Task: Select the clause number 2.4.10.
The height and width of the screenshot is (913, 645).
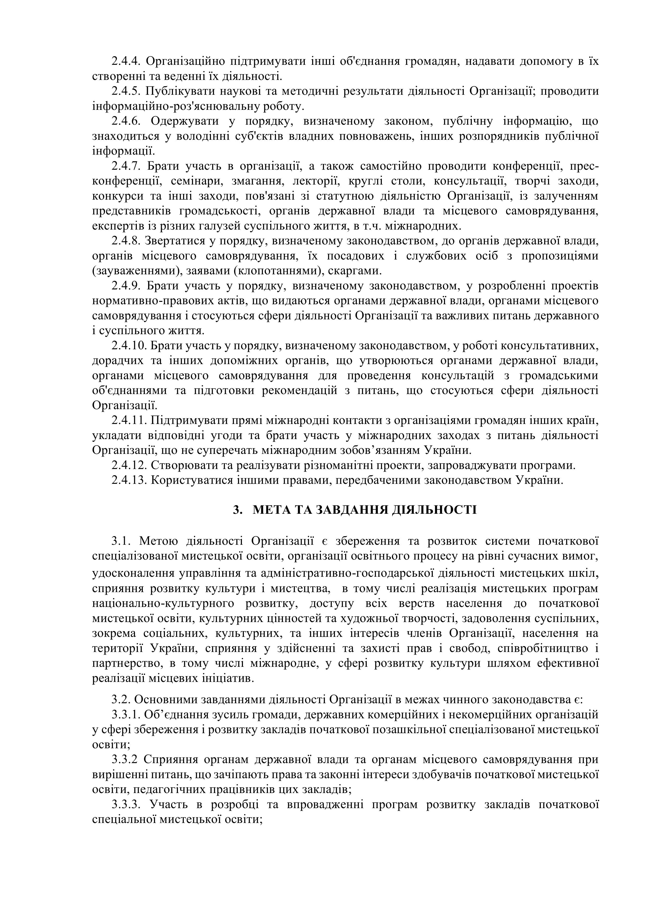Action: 129,346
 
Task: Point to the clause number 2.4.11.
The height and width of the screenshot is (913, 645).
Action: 129,421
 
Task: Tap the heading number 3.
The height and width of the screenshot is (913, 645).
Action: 237,510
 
